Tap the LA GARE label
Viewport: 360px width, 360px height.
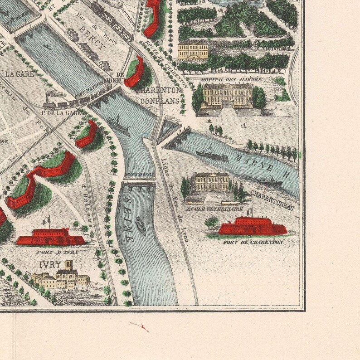[x=19, y=73]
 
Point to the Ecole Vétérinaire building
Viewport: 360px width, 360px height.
[x=212, y=182]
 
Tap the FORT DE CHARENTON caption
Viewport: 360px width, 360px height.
[x=253, y=242]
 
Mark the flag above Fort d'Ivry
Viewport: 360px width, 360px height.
[x=46, y=220]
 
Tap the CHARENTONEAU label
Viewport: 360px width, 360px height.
[x=272, y=199]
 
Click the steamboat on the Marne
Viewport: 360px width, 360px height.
[x=212, y=153]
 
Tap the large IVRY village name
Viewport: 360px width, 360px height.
[x=49, y=264]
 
